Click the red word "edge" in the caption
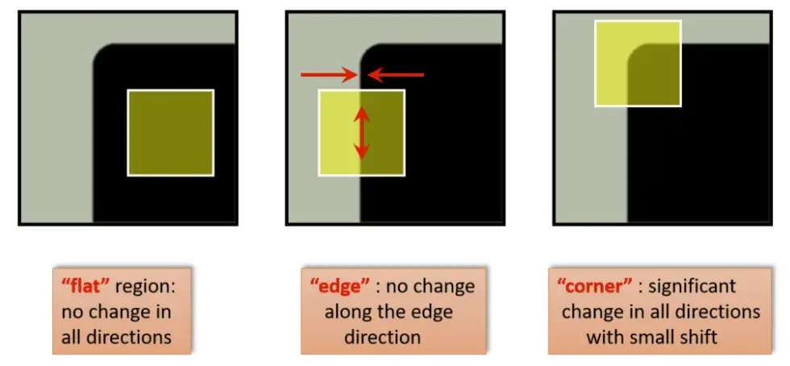[337, 285]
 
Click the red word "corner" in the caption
[588, 285]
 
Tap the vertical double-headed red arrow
[362, 134]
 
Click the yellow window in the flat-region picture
[171, 133]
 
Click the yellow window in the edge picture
[362, 133]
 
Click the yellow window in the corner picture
[638, 64]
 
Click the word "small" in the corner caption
[650, 335]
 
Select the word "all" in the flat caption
[72, 335]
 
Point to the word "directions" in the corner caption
[716, 310]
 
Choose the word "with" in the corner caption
[604, 335]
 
